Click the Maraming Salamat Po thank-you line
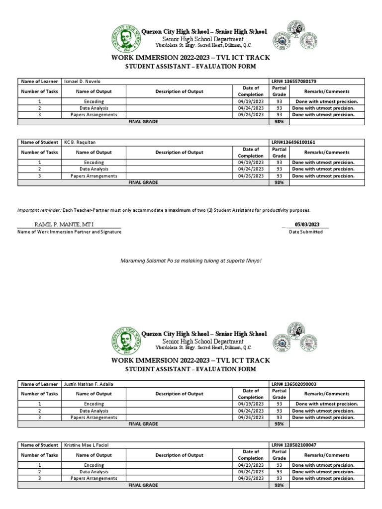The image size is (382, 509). click(191, 260)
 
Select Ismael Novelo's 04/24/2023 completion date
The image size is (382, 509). click(251, 108)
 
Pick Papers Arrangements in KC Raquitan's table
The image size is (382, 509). click(94, 175)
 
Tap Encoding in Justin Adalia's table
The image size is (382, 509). click(94, 404)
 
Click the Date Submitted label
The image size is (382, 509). click(308, 232)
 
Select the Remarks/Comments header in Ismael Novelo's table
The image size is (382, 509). click(327, 91)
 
